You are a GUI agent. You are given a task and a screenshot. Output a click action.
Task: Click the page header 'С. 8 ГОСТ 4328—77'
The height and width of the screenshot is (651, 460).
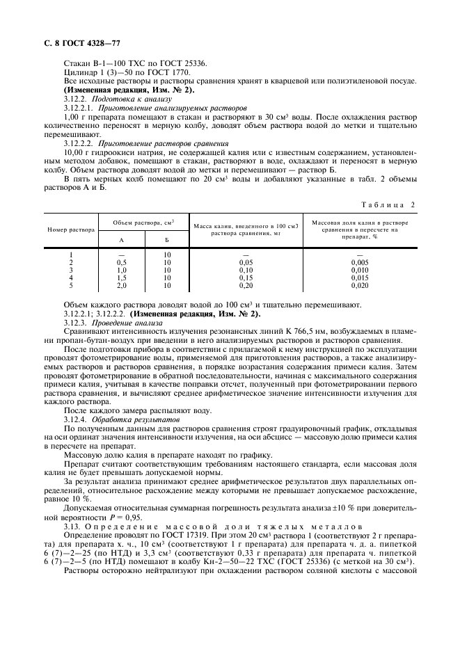[x=78, y=43]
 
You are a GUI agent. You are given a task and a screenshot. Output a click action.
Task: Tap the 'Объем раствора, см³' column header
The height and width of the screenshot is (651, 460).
[x=144, y=222]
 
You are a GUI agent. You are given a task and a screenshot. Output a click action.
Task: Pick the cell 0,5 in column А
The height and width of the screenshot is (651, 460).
[x=121, y=262]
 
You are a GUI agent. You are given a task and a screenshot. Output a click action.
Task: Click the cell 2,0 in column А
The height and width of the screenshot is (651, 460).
[x=121, y=285]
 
